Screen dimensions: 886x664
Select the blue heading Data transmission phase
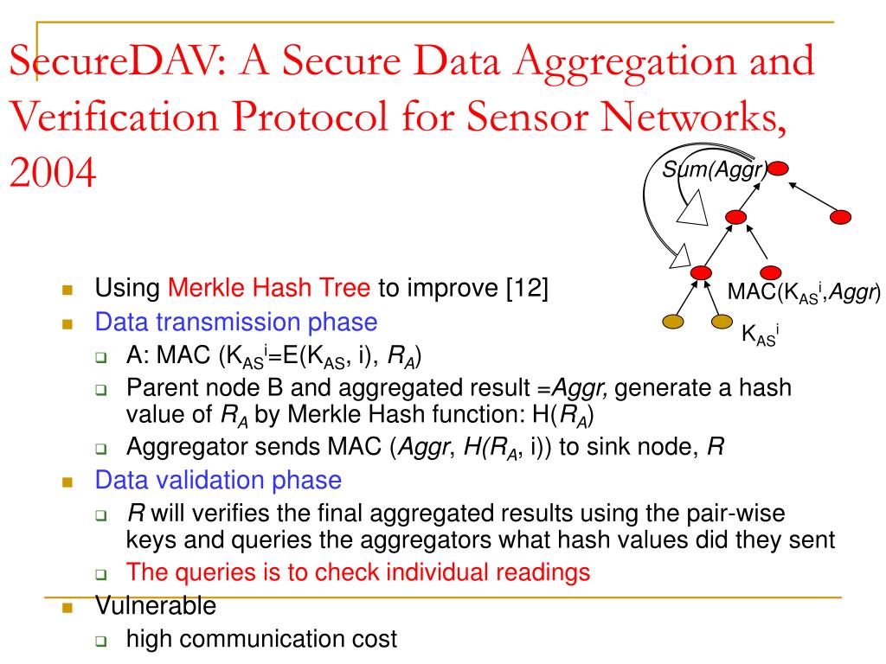[236, 322]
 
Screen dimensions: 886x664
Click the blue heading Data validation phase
[218, 479]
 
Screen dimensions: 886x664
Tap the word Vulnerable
[155, 606]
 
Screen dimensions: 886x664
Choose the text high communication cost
[261, 640]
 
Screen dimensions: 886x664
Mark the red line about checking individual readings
[358, 571]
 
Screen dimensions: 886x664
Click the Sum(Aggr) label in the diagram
[715, 170]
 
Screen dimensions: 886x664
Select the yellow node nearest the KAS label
[722, 322]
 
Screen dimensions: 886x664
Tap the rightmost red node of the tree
[840, 217]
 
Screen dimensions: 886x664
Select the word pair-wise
[745, 514]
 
